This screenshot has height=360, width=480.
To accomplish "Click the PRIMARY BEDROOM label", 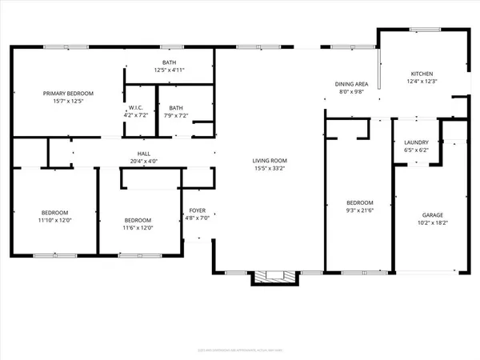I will click(70, 94).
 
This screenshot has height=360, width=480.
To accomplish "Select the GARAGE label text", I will click(432, 214).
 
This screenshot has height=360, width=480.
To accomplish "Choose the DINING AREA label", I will click(350, 84).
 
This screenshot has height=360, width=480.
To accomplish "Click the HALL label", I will click(144, 153).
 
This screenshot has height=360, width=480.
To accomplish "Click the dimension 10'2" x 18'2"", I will click(432, 222).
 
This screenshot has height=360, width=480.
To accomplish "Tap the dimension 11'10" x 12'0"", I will click(53, 221).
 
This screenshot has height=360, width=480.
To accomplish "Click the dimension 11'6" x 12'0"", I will click(138, 228).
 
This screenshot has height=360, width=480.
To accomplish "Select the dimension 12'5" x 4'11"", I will click(169, 70).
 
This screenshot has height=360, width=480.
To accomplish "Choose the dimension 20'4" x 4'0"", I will click(144, 161).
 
